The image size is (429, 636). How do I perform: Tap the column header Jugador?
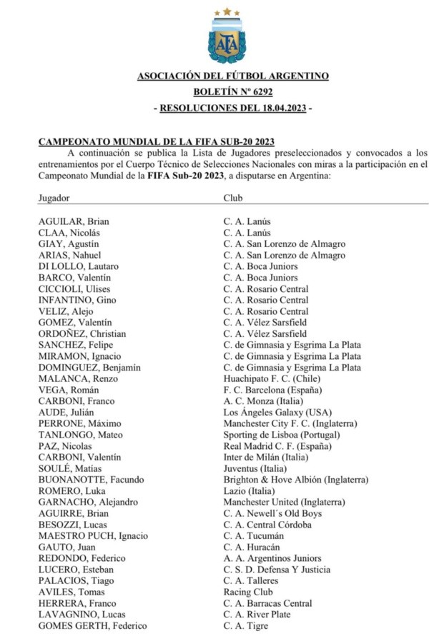(x=54, y=198)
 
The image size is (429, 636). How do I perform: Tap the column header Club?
(x=233, y=198)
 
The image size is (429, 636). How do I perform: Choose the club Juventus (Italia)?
(x=250, y=468)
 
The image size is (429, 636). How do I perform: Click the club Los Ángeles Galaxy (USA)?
(x=270, y=413)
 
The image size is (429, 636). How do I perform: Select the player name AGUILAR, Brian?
(x=74, y=221)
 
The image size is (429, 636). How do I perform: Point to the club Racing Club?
(x=248, y=592)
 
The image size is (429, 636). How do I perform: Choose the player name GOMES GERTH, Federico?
(x=92, y=626)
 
